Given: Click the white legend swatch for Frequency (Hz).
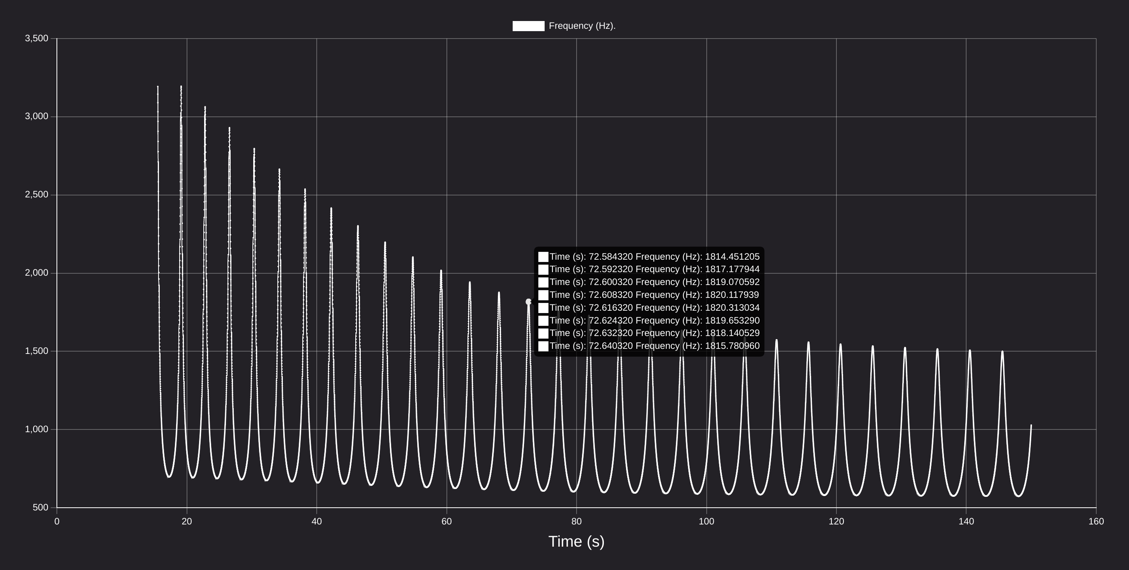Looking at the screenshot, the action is [x=529, y=26].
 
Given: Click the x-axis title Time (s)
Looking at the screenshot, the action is [x=576, y=542].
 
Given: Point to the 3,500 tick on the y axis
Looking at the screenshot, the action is [x=37, y=39].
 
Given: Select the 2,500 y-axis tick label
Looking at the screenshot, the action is [x=37, y=195].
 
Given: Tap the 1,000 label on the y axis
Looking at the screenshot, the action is [x=37, y=429].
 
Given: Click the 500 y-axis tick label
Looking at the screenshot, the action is [x=41, y=507].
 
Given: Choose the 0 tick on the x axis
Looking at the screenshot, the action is [x=57, y=521].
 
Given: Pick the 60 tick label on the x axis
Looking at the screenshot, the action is [x=446, y=521].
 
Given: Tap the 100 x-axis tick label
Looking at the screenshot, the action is [x=707, y=521].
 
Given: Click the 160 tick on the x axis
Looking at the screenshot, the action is [x=1096, y=521].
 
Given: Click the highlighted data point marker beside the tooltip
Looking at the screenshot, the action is [x=529, y=302].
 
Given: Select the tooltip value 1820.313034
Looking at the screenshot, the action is [x=732, y=308].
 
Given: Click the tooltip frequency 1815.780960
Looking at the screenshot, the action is [x=732, y=346].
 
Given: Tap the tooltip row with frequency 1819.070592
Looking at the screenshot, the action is [x=649, y=282].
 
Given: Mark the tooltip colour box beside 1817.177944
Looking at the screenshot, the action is [x=543, y=269].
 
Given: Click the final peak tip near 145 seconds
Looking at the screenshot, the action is [x=1002, y=351].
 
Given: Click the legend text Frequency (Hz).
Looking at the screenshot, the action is [x=582, y=26].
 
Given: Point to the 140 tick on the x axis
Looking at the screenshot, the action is [x=967, y=521].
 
